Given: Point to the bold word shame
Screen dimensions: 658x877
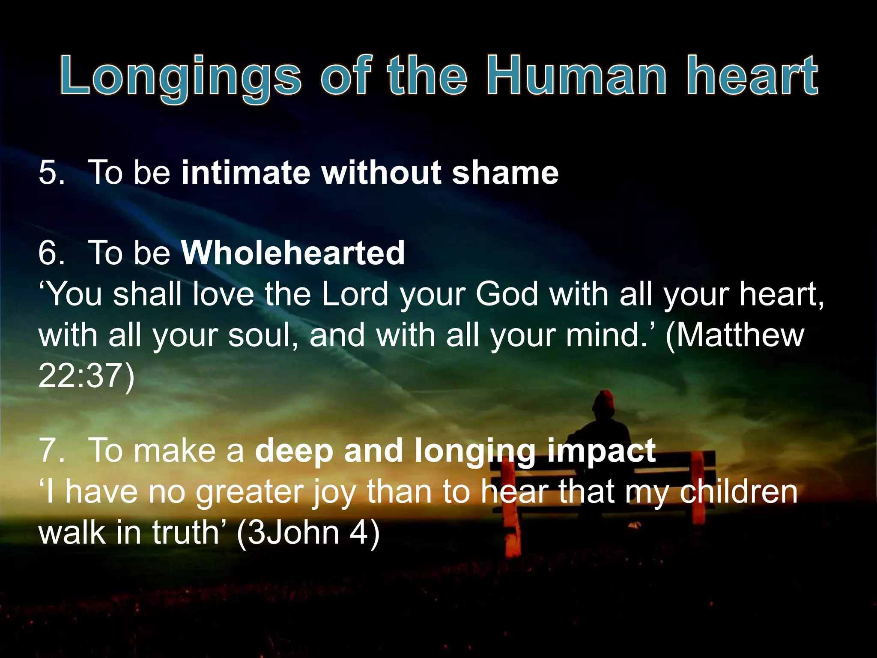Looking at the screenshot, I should [x=505, y=172].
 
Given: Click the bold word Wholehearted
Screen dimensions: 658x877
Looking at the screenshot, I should [x=293, y=253].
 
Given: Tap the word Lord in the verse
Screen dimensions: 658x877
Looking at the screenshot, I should [x=355, y=294].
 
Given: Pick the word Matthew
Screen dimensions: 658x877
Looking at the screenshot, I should [x=735, y=335].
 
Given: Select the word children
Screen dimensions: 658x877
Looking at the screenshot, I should [x=739, y=491].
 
